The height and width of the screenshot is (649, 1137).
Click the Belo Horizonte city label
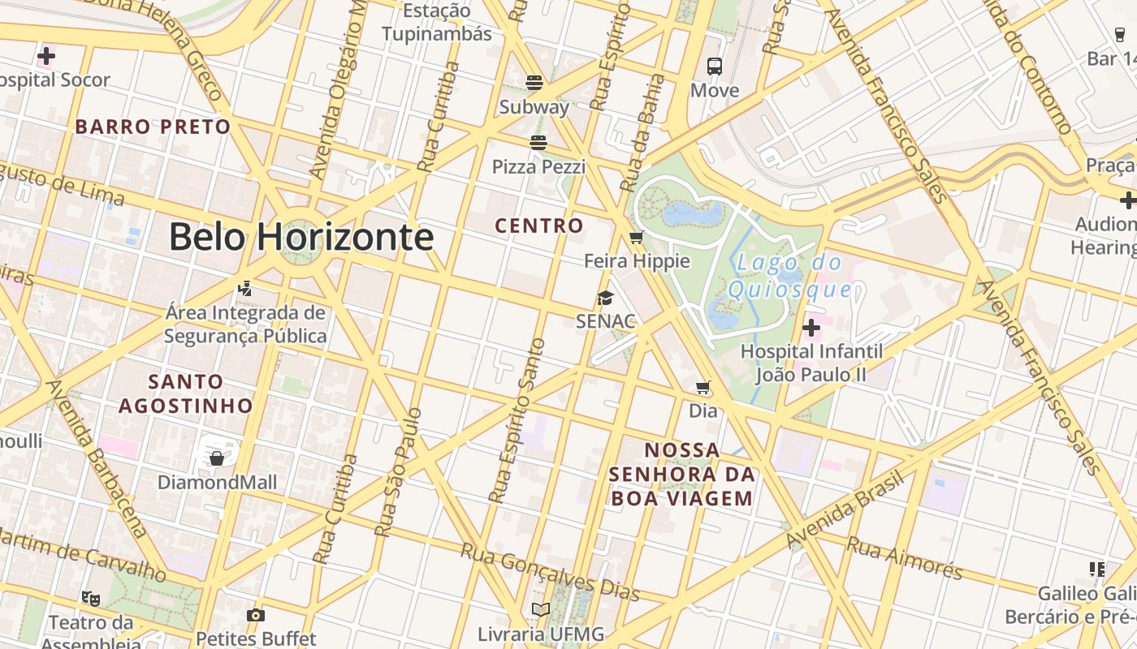[x=300, y=237]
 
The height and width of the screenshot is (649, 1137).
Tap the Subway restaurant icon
[x=534, y=82]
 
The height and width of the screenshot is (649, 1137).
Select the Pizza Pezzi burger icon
[x=538, y=143]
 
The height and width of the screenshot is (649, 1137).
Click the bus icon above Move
[x=715, y=67]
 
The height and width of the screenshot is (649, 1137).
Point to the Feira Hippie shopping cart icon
[x=637, y=237]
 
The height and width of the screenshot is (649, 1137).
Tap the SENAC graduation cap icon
[x=605, y=298]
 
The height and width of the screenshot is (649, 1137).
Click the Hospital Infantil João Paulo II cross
[x=811, y=328]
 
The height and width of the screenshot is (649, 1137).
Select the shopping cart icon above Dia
[x=703, y=388]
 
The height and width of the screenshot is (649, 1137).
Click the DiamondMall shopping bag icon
[x=217, y=458]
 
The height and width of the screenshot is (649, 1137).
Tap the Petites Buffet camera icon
[x=256, y=615]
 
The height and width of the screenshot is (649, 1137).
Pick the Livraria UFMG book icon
[x=541, y=609]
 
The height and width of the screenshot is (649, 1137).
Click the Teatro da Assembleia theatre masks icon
[x=90, y=599]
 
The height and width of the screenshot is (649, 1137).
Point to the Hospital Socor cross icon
[x=46, y=56]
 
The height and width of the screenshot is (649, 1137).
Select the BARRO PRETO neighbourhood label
[x=153, y=127]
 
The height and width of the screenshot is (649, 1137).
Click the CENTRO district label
[x=539, y=226]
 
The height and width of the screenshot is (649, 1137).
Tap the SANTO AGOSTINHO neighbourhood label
[x=186, y=393]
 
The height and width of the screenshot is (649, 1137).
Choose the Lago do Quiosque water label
[x=790, y=276]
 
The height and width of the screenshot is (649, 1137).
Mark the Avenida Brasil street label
[x=845, y=510]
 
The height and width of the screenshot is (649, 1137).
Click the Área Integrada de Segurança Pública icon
[x=244, y=288]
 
